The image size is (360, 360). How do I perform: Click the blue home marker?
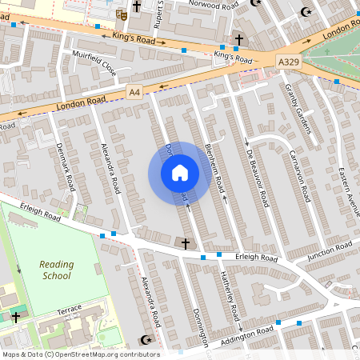(x=180, y=173)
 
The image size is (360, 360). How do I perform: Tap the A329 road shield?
(x=289, y=61)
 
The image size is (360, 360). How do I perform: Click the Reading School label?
(x=56, y=270)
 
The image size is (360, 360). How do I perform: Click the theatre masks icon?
(x=122, y=14)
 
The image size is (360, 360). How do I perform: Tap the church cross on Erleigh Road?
(x=186, y=242)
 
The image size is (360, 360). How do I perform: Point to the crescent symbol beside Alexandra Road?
(x=145, y=341)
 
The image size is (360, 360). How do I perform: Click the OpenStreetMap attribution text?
(x=80, y=354)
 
